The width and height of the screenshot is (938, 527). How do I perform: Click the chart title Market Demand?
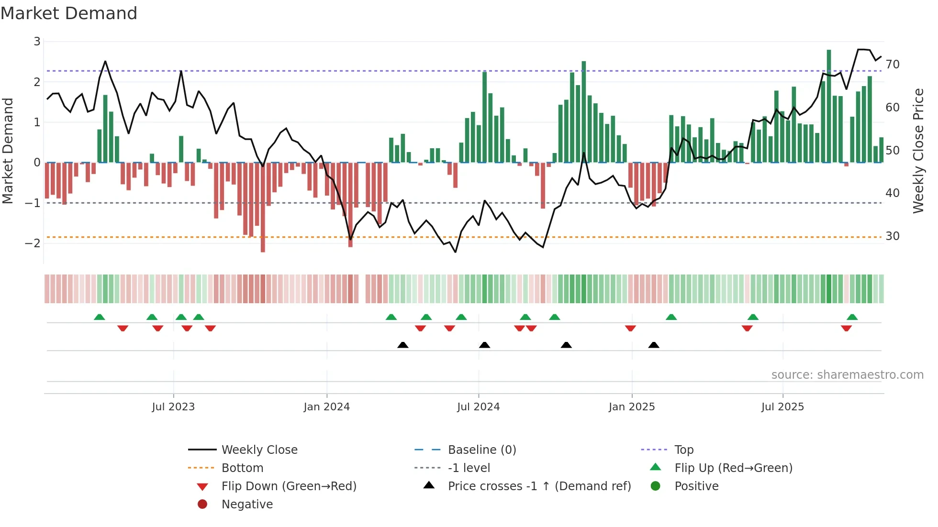[69, 13]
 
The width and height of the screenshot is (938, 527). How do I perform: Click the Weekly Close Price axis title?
[918, 151]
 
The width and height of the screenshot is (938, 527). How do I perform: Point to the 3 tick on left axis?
[37, 42]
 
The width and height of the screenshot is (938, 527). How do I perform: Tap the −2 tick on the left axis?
[33, 243]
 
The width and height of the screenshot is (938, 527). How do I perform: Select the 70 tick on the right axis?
[892, 64]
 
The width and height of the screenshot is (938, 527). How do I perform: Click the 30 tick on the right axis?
[892, 236]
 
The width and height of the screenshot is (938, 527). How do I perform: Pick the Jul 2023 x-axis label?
[173, 407]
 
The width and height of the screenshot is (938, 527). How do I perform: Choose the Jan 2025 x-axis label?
[631, 407]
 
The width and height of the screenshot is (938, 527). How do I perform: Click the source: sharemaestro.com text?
[847, 374]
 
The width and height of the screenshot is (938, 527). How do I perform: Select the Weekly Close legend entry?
[259, 450]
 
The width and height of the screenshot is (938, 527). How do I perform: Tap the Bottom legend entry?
[242, 468]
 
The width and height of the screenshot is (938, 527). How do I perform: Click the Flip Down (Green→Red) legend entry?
[289, 486]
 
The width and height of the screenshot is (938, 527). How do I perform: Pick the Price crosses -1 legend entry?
[539, 486]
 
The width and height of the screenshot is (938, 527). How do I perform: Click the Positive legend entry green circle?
[656, 486]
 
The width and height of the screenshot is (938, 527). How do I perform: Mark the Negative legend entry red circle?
[202, 504]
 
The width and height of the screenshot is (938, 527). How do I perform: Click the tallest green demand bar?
[829, 105]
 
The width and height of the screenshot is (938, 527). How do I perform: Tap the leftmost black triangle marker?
[403, 345]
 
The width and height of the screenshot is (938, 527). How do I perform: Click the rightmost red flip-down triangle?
[846, 328]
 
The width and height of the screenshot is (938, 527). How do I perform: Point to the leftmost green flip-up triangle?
[100, 317]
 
